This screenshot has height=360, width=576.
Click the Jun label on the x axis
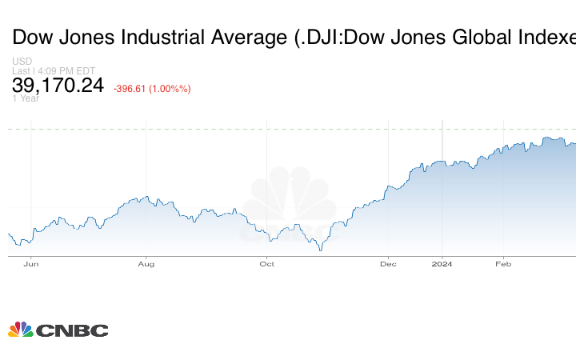[31, 263]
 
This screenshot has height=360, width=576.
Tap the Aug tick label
[146, 263]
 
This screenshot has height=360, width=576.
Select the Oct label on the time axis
[267, 263]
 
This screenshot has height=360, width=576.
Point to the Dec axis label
[388, 263]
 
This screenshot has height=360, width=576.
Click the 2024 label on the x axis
[442, 263]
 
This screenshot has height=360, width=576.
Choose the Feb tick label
[503, 263]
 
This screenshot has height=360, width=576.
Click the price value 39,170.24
[58, 84]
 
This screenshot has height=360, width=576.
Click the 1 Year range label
[25, 98]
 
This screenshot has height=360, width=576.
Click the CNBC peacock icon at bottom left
[20, 330]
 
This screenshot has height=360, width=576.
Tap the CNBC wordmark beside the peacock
[71, 330]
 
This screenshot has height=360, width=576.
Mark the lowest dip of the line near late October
[321, 250]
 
